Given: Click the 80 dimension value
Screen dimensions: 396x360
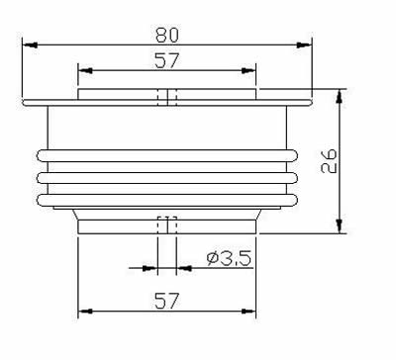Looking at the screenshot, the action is [167, 35].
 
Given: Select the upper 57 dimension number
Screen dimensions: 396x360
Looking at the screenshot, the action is [167, 60].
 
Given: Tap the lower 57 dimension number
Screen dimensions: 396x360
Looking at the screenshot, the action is [167, 301].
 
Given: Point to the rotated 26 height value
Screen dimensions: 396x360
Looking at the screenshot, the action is [329, 161].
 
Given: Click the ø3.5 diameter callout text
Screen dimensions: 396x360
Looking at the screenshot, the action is [229, 258].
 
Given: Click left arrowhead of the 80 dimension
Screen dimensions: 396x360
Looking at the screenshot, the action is [30, 45].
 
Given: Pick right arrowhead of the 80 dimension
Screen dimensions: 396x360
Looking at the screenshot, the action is [304, 45].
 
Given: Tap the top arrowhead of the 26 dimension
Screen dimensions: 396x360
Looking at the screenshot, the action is [339, 96].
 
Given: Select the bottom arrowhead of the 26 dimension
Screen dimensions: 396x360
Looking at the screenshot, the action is [339, 226].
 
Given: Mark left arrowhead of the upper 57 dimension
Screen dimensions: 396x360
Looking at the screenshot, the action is [85, 71].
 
